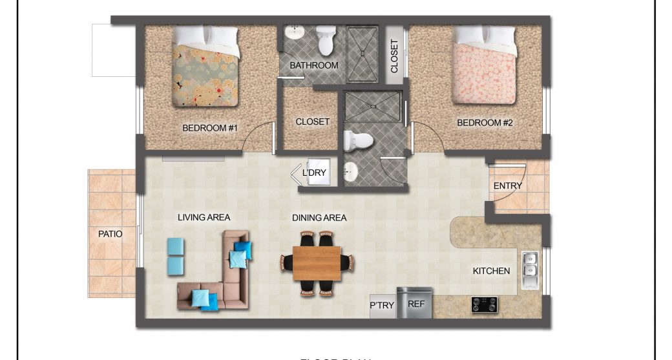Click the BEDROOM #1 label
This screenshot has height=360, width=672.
[x=210, y=128]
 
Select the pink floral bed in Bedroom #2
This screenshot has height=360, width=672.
[x=484, y=67]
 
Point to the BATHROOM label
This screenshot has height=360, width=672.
[x=314, y=66]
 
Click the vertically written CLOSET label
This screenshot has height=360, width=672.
[x=395, y=57]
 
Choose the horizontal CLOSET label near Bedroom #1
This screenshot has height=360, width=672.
[x=313, y=122]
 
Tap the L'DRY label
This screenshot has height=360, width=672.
[x=314, y=173]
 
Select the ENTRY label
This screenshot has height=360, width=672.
[x=507, y=186]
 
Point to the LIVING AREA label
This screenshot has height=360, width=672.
[x=204, y=218]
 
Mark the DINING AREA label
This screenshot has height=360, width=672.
[x=319, y=218]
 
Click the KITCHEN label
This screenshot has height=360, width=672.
[x=491, y=271]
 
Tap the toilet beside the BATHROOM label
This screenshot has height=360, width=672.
[x=326, y=40]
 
